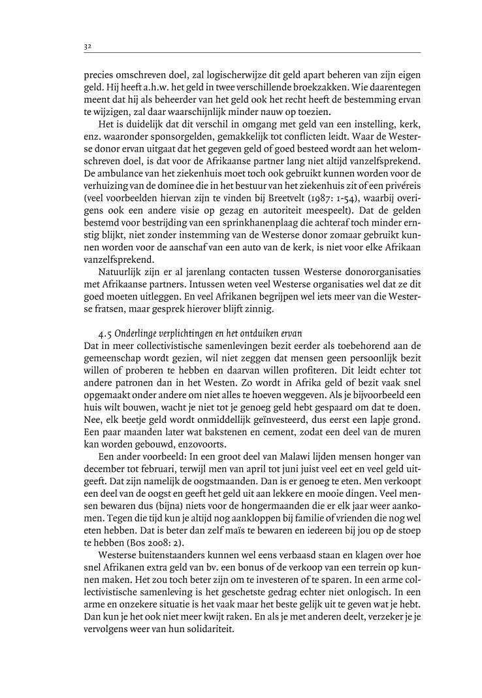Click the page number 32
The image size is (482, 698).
coord(87,46)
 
